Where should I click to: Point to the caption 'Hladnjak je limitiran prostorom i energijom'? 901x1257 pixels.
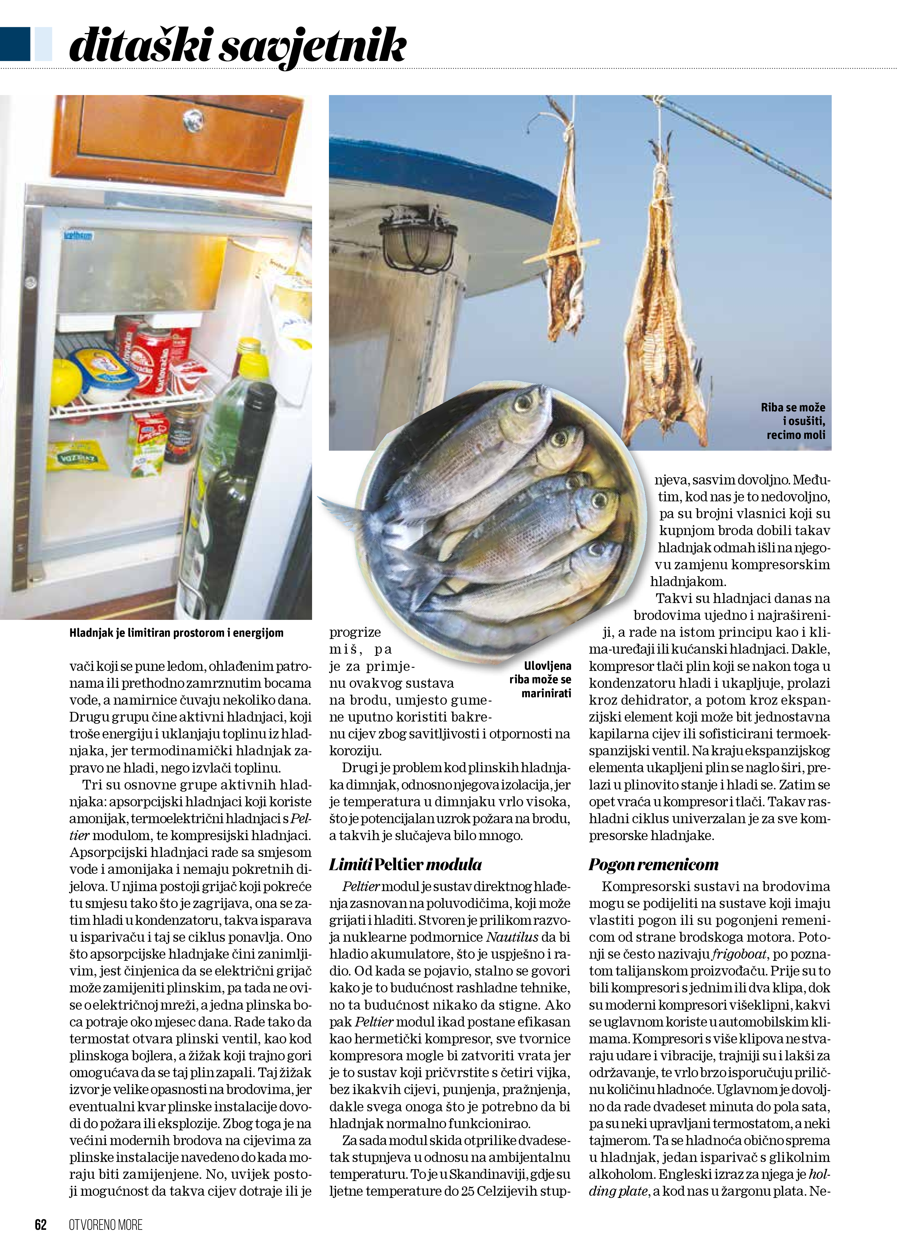[176, 632]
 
